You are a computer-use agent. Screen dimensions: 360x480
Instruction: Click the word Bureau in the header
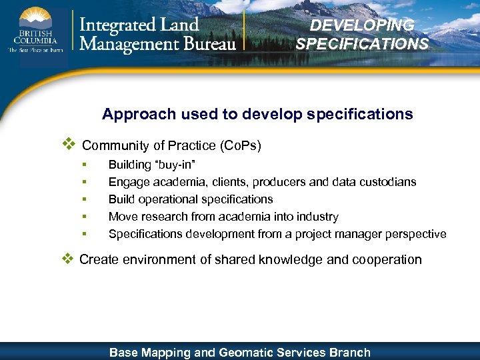206,44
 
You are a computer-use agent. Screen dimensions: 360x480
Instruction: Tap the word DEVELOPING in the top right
362,25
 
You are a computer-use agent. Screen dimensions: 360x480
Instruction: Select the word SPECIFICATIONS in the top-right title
362,45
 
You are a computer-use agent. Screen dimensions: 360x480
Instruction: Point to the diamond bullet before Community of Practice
67,144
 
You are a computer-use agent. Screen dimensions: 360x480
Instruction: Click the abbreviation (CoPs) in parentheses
238,145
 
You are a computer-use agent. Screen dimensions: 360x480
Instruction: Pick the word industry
317,217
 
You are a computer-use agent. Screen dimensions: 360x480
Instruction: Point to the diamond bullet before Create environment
67,259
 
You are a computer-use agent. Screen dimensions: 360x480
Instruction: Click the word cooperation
387,259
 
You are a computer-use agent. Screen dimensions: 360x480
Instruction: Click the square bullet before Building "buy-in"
85,165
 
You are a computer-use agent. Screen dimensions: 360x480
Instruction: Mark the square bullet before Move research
85,217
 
